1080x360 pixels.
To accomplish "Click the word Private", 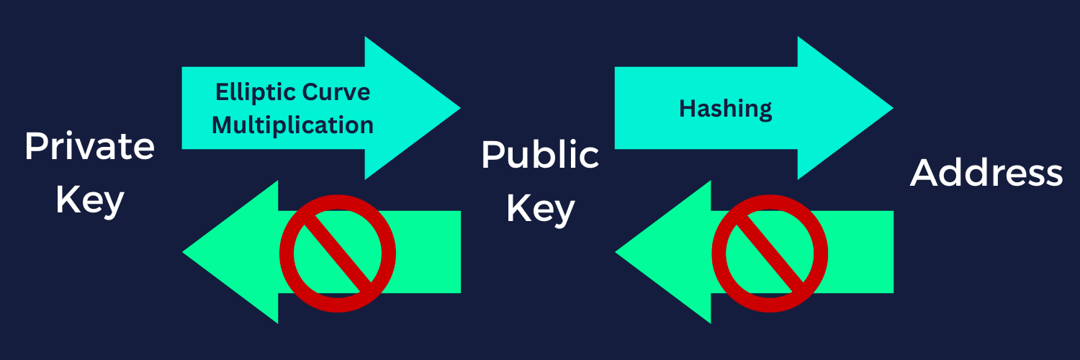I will [89, 148].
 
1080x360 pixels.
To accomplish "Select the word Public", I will [540, 155].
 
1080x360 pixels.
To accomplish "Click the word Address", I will [986, 174].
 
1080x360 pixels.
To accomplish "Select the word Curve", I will [336, 92].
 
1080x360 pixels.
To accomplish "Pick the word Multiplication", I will [293, 125].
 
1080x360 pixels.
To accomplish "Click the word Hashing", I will [725, 109].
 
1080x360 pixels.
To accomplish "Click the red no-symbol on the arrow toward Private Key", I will [337, 253].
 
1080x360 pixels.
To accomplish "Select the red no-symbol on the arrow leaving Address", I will [770, 253].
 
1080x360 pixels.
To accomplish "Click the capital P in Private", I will [33, 148].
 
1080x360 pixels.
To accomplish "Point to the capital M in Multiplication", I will [223, 125].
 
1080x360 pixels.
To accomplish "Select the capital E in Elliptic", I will [220, 92].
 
